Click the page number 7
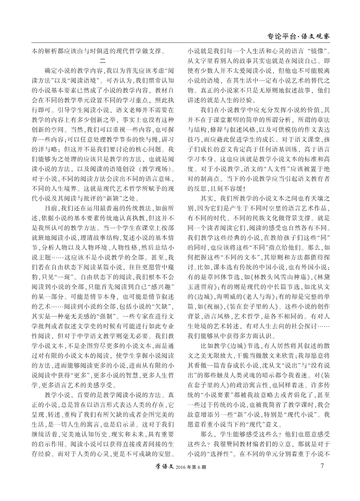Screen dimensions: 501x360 pyautogui.click(x=322, y=466)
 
